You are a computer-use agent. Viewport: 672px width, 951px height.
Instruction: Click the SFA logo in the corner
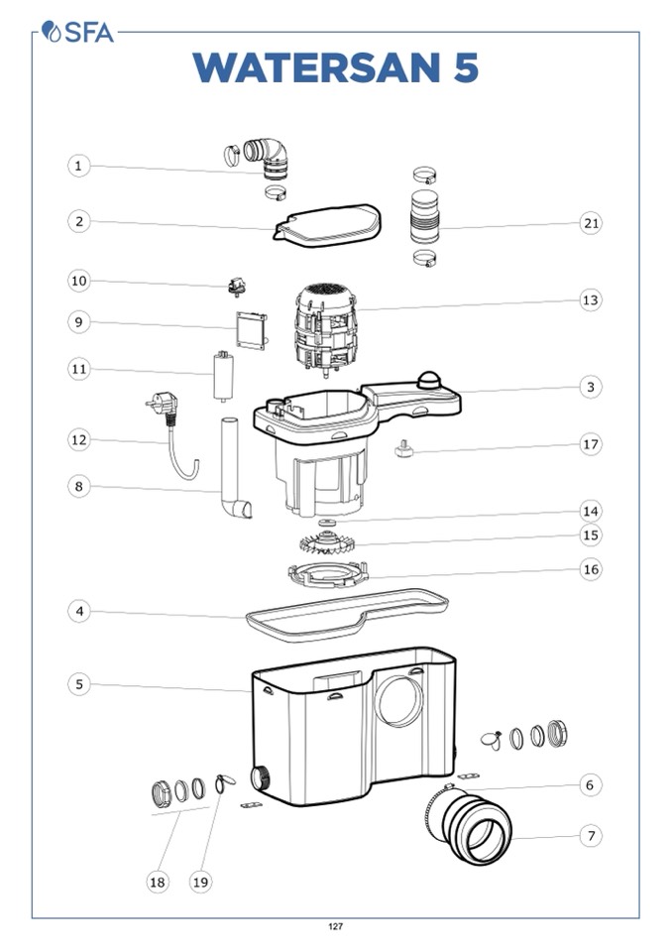pos(77,32)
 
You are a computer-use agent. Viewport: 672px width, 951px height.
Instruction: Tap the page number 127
pos(336,926)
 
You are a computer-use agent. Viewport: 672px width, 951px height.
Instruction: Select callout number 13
pos(590,299)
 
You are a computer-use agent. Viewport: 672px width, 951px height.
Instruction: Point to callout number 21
pos(591,223)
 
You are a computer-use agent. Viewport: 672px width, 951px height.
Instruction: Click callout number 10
pos(78,281)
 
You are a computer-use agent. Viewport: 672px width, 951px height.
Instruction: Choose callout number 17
pos(590,444)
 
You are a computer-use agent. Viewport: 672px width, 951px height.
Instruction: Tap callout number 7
pos(591,836)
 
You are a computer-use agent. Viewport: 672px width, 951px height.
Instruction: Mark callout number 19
pos(200,882)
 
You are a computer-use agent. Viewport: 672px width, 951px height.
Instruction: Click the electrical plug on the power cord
pos(162,404)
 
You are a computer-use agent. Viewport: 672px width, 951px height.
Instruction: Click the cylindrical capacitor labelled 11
pos(224,376)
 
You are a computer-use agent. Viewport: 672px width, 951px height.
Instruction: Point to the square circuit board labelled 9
pos(252,331)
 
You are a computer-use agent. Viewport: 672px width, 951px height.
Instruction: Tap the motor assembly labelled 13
pos(326,331)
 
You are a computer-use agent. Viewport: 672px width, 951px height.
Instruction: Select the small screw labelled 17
pos(403,450)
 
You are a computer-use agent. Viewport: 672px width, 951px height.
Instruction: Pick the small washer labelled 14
pos(327,523)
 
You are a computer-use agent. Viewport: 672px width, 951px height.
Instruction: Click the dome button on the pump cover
pos(429,381)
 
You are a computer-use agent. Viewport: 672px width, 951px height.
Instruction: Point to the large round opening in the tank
pos(399,700)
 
